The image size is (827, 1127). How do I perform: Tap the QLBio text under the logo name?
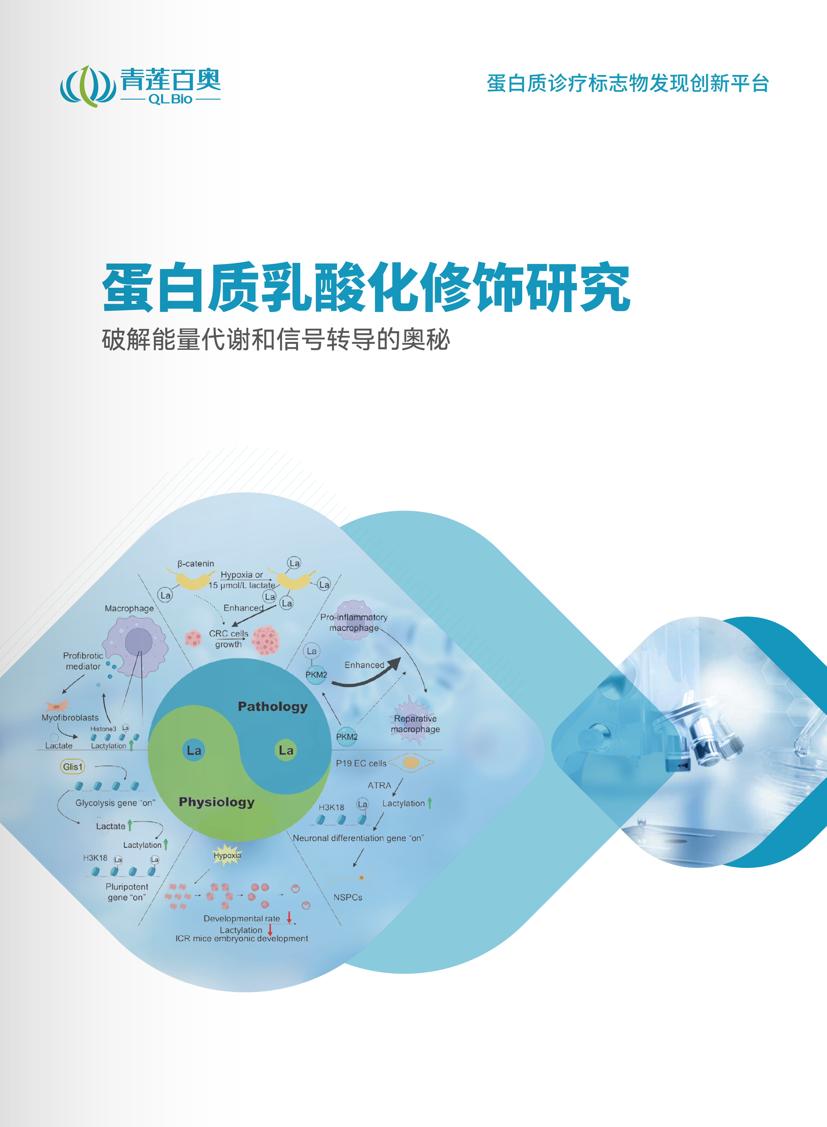170,99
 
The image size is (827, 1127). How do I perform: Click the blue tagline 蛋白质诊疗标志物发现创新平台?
628,83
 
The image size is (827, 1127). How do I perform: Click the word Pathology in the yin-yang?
273,706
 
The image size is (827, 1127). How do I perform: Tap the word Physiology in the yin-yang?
217,802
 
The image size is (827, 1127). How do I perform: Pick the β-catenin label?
196,564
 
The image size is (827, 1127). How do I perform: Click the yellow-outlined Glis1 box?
73,767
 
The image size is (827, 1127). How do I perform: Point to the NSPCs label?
348,897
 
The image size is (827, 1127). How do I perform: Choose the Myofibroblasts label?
70,717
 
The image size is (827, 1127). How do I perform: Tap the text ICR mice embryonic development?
242,938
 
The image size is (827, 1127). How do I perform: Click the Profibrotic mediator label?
83,661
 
